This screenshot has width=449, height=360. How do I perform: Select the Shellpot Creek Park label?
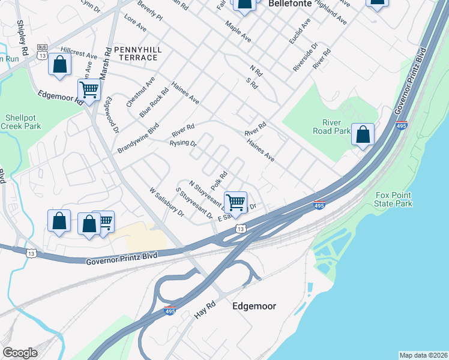click(x=20, y=122)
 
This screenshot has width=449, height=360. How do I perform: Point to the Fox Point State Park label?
click(x=394, y=199)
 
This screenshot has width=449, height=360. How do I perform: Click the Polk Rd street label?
click(x=218, y=179)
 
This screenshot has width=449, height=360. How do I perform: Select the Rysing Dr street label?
click(x=183, y=143)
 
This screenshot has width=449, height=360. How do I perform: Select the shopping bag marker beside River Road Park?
click(x=363, y=135)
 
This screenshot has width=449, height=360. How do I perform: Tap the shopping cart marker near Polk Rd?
click(x=235, y=202)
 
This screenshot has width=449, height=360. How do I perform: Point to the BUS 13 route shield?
click(x=42, y=51)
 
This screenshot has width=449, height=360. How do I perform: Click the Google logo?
click(x=20, y=353)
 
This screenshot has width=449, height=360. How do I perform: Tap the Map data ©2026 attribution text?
click(x=423, y=355)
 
